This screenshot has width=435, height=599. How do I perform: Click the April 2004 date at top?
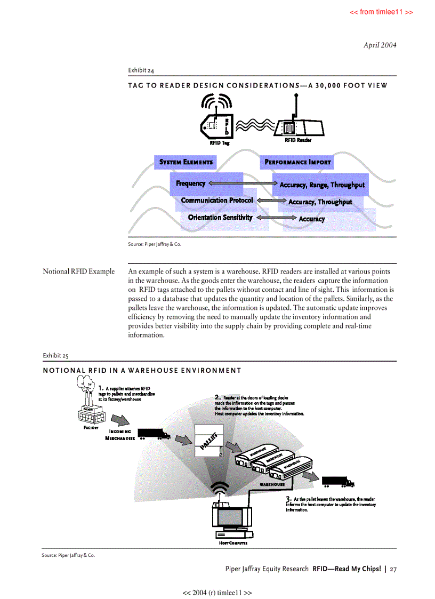(380, 45)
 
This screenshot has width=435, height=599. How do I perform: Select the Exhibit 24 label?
(141, 70)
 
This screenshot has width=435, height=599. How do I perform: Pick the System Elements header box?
(186, 162)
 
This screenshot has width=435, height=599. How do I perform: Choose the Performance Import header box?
(297, 162)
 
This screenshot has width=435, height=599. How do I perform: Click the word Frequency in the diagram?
(190, 183)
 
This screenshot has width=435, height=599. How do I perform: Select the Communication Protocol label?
(216, 201)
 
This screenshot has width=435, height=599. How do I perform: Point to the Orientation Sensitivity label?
(220, 218)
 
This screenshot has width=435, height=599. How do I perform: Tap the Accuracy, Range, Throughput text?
(322, 185)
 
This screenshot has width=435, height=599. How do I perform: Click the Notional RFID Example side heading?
(78, 271)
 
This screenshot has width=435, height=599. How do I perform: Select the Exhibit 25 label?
(55, 355)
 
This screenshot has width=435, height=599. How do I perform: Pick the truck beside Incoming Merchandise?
(154, 435)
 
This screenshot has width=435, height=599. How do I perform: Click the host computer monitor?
(231, 516)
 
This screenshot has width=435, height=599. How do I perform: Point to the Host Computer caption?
(232, 543)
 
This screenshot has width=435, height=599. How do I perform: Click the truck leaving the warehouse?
(338, 482)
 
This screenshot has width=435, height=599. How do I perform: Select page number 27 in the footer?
(393, 569)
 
